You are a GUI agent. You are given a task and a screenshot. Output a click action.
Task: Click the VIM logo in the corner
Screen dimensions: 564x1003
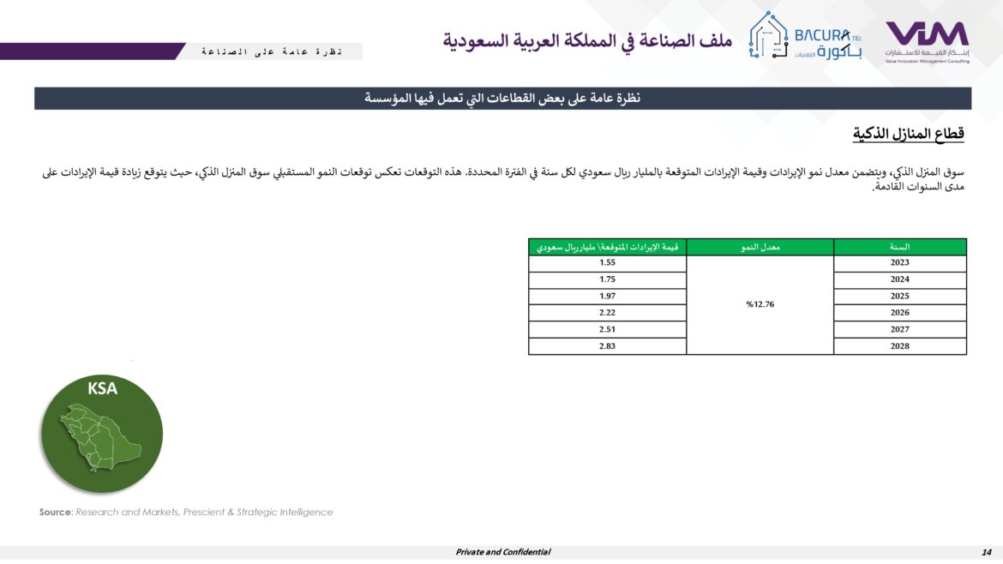coord(927,40)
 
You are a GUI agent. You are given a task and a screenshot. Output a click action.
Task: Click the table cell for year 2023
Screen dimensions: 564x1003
coord(899,263)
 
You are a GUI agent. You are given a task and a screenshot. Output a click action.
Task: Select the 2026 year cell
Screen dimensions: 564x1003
coord(899,313)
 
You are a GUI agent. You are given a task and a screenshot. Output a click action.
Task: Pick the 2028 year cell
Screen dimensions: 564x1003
coord(899,346)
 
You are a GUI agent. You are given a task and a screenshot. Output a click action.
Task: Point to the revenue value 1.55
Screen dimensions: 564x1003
coord(608,263)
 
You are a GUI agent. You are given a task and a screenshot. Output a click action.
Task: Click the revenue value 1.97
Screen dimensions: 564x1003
coord(608,297)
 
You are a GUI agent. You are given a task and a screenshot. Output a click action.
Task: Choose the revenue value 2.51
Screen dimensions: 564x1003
coord(608,330)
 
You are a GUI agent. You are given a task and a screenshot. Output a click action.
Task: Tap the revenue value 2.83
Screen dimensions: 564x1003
coord(608,346)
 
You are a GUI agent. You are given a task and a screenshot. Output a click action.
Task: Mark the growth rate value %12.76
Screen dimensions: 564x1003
coord(760,304)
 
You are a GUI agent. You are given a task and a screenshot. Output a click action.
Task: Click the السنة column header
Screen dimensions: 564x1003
coord(900,247)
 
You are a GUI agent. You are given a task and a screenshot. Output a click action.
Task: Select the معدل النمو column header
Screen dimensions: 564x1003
coord(760,247)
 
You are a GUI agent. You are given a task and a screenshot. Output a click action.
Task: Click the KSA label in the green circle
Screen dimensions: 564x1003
coord(102,388)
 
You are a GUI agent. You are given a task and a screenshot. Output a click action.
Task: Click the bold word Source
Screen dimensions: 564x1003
coord(55,513)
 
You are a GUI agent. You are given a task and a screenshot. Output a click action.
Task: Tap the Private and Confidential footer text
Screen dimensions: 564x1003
coord(502,552)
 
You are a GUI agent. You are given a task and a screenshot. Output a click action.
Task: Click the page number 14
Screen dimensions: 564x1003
coord(986,552)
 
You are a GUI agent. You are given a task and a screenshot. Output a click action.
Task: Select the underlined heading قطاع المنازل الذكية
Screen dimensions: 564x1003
coord(909,134)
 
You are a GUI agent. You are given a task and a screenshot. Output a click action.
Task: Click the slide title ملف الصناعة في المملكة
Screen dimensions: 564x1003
coord(588,40)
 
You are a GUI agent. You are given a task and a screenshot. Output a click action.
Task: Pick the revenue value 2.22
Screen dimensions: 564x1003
coord(608,313)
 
